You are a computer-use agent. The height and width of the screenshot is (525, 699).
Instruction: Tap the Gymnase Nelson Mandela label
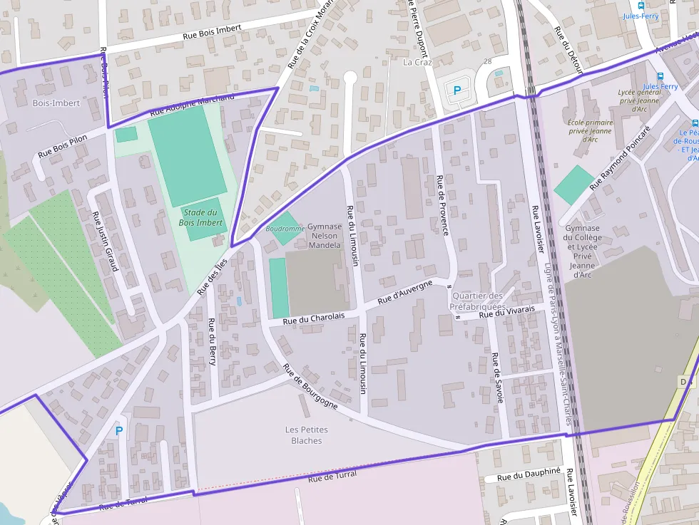(325, 236)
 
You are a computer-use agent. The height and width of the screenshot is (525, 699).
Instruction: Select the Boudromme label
(285, 229)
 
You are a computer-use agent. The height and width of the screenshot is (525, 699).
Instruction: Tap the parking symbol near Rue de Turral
(119, 430)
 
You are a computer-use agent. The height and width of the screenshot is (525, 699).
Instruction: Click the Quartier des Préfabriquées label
(478, 301)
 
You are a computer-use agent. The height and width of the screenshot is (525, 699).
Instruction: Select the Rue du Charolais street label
(314, 318)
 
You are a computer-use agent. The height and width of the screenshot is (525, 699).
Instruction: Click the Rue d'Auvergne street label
(405, 293)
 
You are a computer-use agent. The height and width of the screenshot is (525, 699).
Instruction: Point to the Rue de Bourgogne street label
(310, 386)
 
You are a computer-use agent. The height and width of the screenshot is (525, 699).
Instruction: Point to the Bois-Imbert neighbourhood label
(56, 103)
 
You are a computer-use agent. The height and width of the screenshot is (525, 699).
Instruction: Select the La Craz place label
(418, 62)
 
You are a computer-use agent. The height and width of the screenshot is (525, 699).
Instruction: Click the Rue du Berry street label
(212, 341)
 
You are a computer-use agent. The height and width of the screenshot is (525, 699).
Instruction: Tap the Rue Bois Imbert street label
(213, 31)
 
